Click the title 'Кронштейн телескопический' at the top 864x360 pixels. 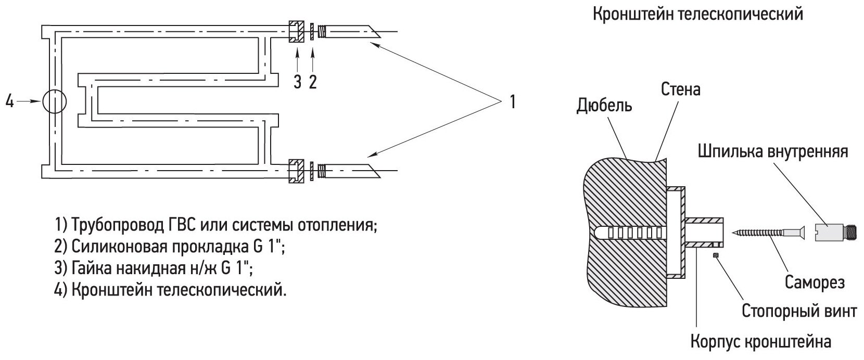[x=697, y=15]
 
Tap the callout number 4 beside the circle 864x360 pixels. [x=9, y=102]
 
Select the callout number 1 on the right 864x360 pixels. [x=512, y=101]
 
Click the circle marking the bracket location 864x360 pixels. [x=54, y=101]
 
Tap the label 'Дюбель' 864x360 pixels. [x=604, y=106]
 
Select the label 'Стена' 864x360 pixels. [x=681, y=89]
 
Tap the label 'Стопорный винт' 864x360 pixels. [x=799, y=312]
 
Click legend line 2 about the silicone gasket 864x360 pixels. [x=169, y=247]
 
